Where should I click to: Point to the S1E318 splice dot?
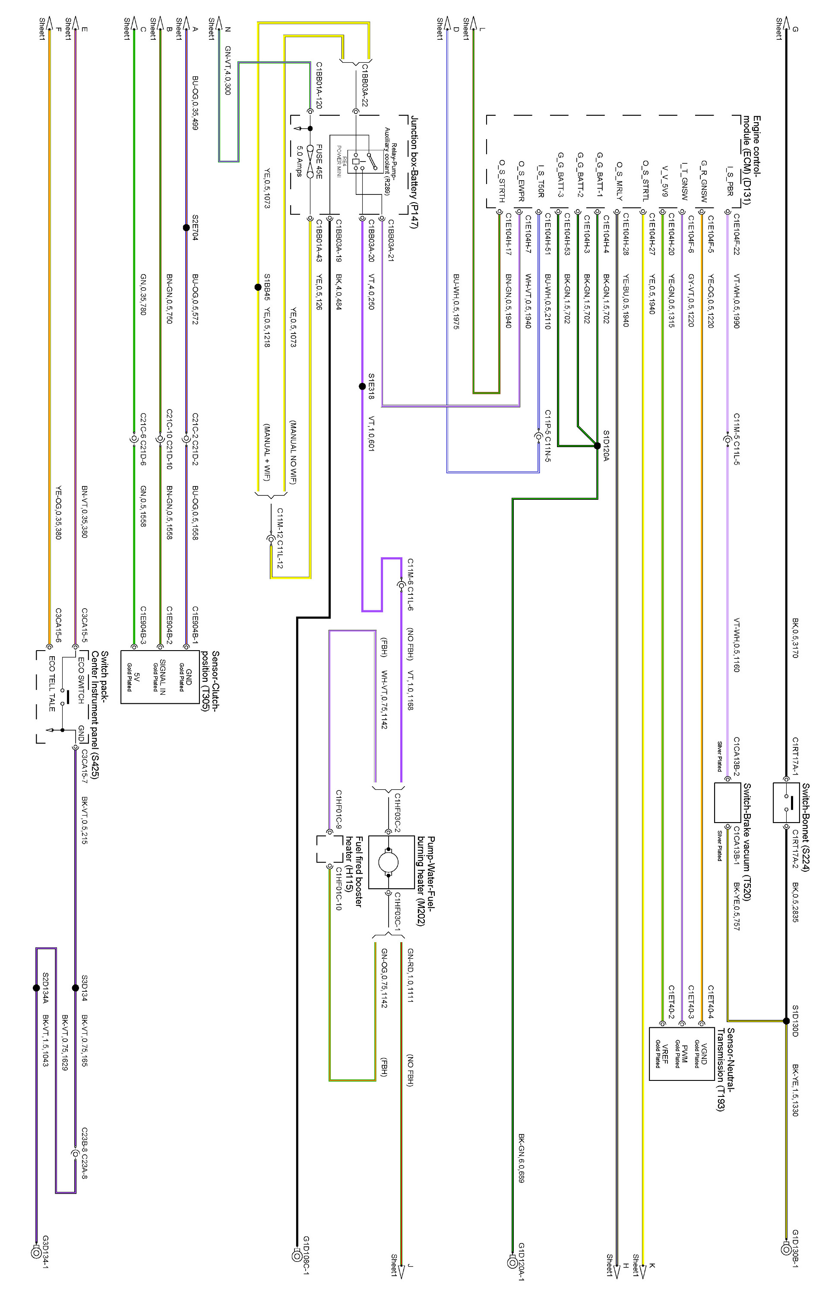[362, 387]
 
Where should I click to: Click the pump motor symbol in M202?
[388, 861]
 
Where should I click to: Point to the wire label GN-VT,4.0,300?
[227, 70]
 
